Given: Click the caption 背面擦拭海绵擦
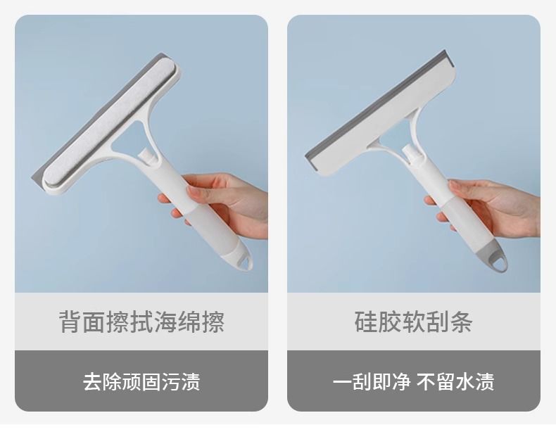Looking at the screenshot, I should tap(141, 322).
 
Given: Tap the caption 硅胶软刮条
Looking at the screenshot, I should tap(413, 322).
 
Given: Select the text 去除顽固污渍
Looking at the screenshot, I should tap(141, 382).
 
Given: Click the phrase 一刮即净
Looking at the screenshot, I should tap(372, 382).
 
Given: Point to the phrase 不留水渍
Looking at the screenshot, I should tap(455, 382).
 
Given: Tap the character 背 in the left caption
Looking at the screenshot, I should tap(70, 322).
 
